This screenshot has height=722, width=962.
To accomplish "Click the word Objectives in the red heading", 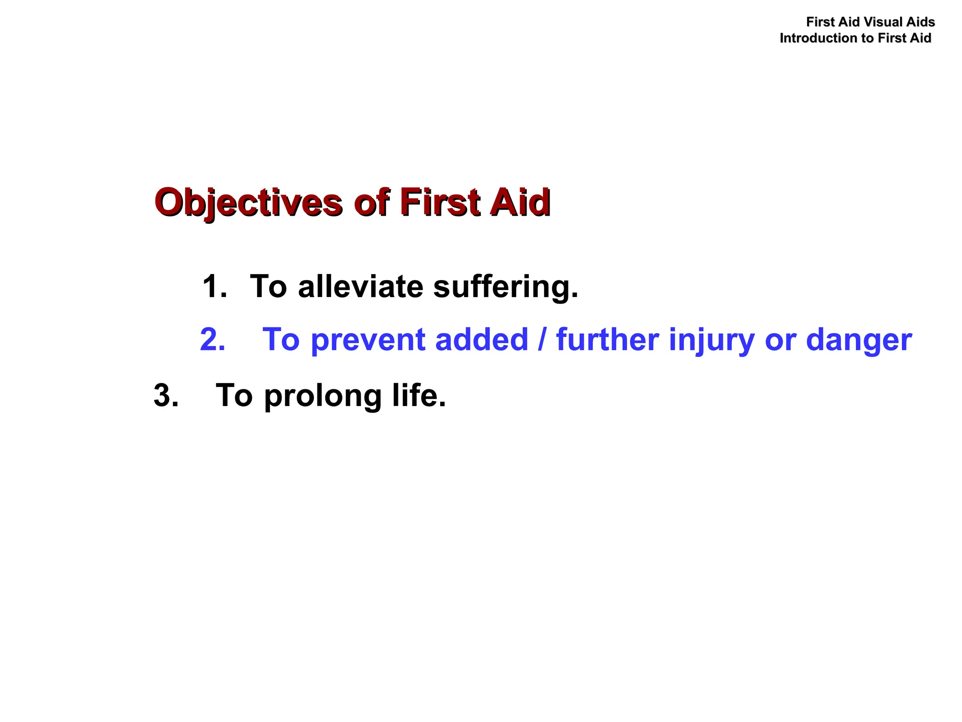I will (x=248, y=203).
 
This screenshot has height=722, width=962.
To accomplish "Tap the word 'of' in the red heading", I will (x=372, y=203).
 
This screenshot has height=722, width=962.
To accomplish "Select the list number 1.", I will (x=214, y=287).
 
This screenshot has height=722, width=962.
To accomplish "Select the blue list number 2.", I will (x=212, y=339).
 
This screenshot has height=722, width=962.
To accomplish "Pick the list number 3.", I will (x=166, y=396).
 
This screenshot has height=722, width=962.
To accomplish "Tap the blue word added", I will (x=481, y=339).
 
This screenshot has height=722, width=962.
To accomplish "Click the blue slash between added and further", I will (x=543, y=339).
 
